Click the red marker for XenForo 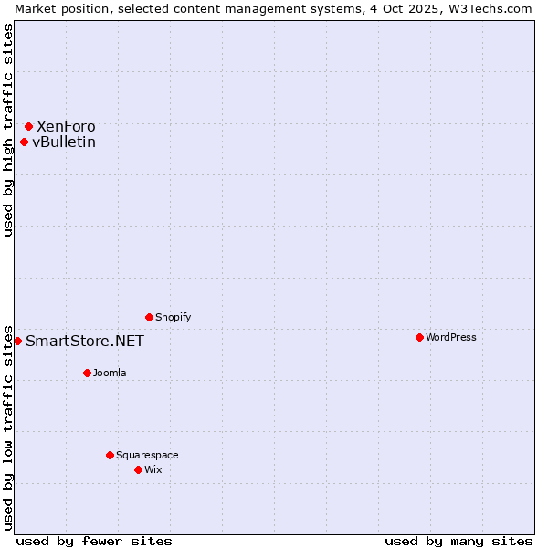[x=29, y=126]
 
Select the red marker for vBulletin [x=25, y=142]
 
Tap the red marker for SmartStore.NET [x=17, y=341]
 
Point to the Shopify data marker [x=149, y=317]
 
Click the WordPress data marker [x=419, y=337]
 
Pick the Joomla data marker [x=87, y=373]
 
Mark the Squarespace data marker [x=110, y=455]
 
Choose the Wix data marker [x=138, y=469]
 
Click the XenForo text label [x=66, y=126]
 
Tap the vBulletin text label [x=64, y=142]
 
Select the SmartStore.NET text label [x=85, y=342]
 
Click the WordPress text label [x=451, y=337]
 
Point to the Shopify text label [x=174, y=317]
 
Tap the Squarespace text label [x=147, y=455]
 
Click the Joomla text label [x=110, y=373]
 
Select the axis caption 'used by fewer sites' [x=94, y=541]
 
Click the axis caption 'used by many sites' [x=458, y=541]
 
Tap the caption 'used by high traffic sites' [x=8, y=130]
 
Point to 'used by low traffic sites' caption [x=8, y=427]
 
